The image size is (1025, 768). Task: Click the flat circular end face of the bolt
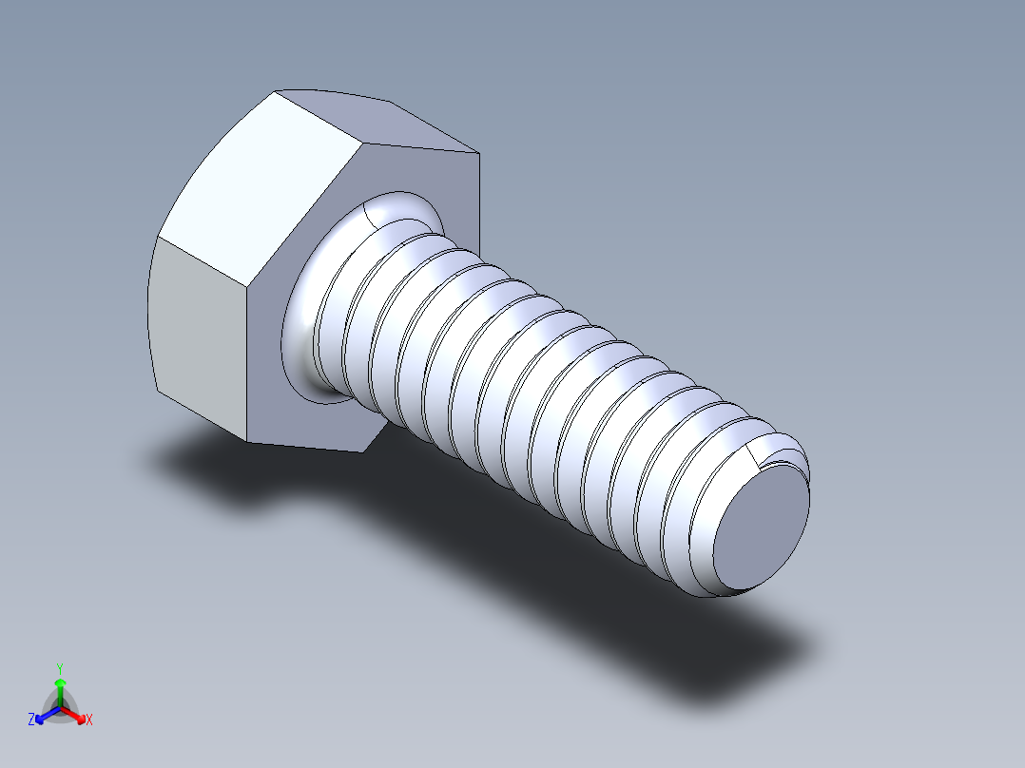click(x=761, y=527)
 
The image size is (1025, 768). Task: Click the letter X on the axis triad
click(x=89, y=720)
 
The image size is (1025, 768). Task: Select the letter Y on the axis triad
click(x=59, y=668)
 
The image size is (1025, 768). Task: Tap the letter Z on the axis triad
click(x=31, y=720)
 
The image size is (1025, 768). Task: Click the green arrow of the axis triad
click(x=60, y=686)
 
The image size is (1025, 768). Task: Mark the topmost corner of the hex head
click(x=276, y=92)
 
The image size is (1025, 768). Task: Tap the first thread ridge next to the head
click(x=333, y=314)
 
